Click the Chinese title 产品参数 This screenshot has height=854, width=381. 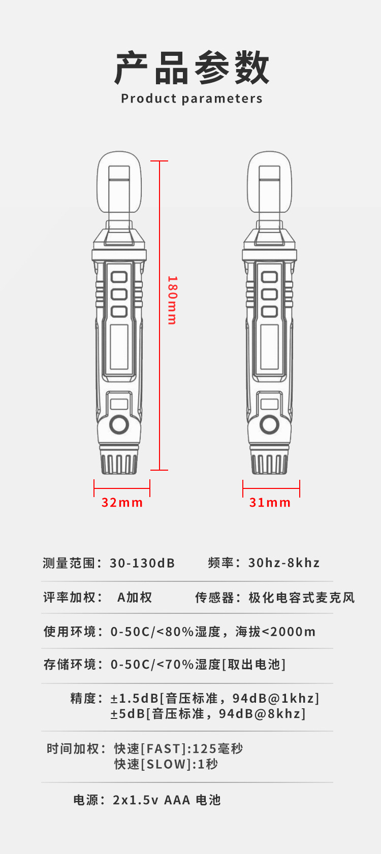point(192,68)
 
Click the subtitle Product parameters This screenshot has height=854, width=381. point(192,98)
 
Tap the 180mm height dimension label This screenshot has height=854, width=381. point(172,300)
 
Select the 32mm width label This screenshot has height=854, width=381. point(122,503)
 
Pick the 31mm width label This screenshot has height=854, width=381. point(270,503)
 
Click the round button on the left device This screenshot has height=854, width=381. point(119,424)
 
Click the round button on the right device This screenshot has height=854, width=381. point(269,424)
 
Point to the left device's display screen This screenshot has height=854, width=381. point(119,346)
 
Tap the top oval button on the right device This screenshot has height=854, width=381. point(269,277)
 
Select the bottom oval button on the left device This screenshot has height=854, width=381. point(119,311)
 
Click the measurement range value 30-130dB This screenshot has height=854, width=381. point(142,563)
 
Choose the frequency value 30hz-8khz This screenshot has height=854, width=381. point(284,563)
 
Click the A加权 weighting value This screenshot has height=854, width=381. point(135,598)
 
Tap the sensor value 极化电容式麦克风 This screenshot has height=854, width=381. point(301,598)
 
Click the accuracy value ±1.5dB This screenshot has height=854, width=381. point(135,699)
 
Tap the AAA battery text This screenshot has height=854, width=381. point(177,800)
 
